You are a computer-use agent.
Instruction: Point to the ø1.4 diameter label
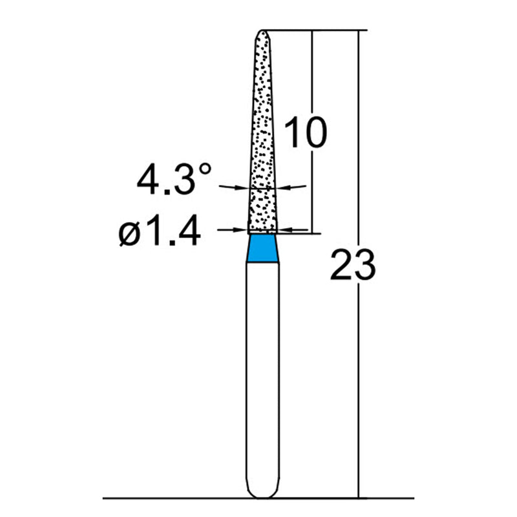(159, 233)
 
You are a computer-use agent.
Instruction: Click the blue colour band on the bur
(264, 248)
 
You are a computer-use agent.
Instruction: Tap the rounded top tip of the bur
(264, 32)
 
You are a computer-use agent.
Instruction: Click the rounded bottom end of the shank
(264, 492)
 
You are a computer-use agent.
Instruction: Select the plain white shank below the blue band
(264, 375)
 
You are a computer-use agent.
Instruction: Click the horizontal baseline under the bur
(162, 498)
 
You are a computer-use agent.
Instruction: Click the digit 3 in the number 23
(364, 266)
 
